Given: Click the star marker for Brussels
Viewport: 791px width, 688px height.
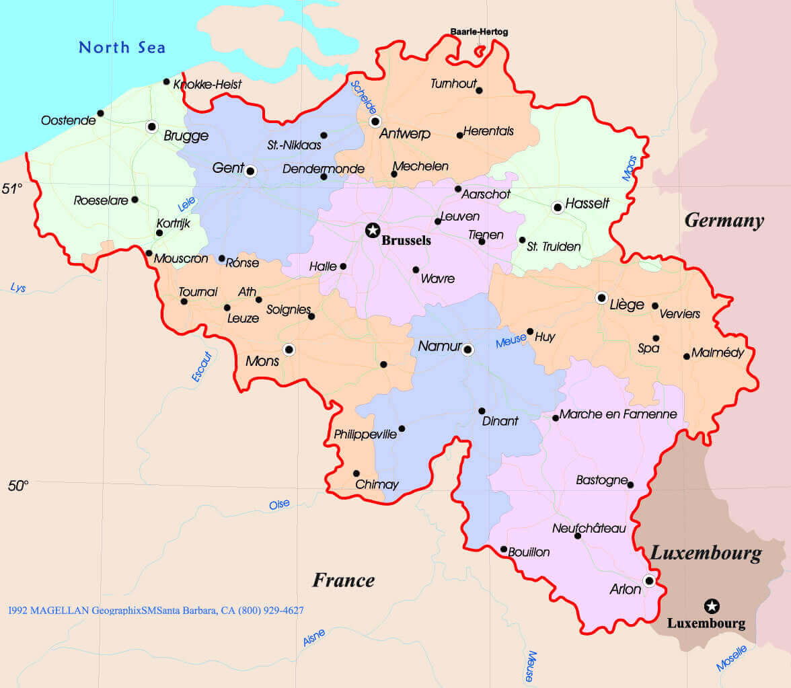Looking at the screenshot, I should [372, 231].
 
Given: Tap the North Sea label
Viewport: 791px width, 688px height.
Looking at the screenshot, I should [122, 48].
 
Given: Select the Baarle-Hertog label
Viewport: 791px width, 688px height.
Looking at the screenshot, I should [479, 32].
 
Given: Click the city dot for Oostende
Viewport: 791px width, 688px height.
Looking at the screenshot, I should [100, 113].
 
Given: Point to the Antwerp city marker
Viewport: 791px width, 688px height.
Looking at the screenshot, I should [375, 122].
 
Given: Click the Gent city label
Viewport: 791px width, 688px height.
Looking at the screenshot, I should [227, 168].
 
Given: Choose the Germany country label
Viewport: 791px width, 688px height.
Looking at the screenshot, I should [724, 221].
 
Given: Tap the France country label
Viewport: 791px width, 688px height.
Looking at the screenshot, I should [343, 580].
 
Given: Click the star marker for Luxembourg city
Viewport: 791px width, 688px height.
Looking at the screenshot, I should [712, 606].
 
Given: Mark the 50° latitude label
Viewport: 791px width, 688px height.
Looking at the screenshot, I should [18, 486].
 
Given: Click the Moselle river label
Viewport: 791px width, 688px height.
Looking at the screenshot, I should [731, 658].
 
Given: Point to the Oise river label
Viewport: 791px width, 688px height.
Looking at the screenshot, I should [279, 504].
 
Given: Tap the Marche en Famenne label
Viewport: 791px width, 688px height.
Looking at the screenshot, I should [617, 414].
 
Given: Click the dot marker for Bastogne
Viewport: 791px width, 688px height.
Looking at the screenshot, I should [630, 484].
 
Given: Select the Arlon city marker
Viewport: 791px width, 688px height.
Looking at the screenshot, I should [649, 580].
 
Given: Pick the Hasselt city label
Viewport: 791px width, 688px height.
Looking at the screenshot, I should [587, 203].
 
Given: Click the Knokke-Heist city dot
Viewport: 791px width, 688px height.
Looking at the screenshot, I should [166, 81].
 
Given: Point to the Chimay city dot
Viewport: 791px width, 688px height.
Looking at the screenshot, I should [356, 473].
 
